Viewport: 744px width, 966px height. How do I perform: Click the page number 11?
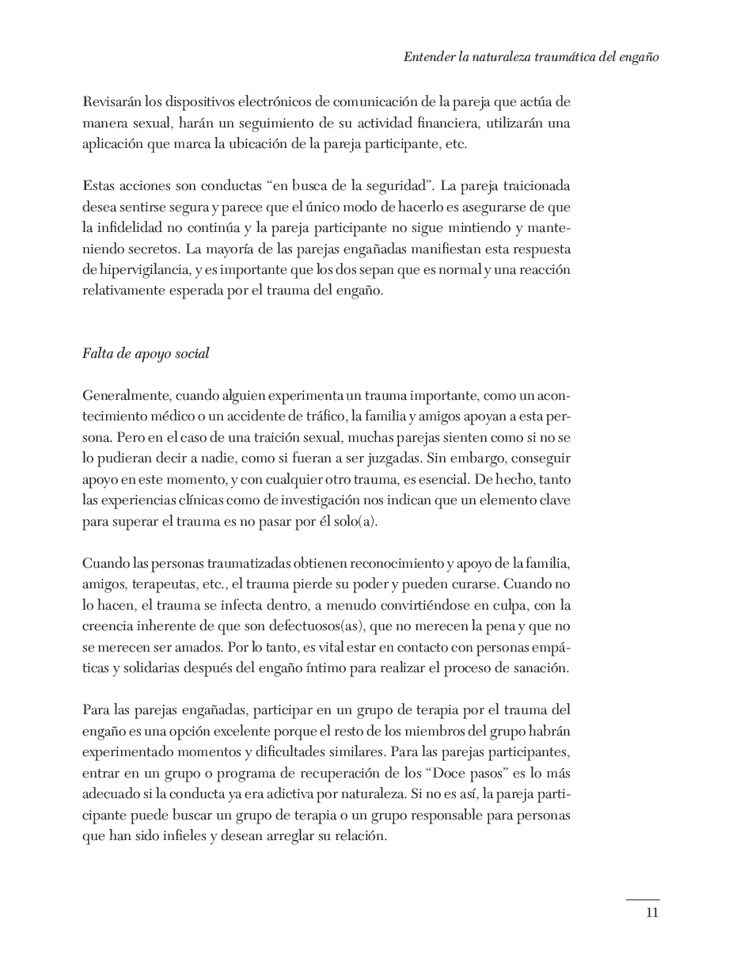(x=652, y=912)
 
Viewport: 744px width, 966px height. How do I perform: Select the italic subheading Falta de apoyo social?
(x=146, y=354)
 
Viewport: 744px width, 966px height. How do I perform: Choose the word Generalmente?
(x=126, y=395)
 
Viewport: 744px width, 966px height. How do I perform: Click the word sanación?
(x=544, y=667)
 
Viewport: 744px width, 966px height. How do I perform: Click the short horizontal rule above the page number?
(x=643, y=899)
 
